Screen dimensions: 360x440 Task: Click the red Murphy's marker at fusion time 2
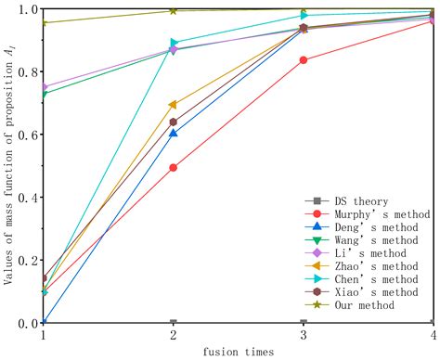174,168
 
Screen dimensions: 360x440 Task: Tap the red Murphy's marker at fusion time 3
304,60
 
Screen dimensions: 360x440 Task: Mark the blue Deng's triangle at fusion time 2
174,133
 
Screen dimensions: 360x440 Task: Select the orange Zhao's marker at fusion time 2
173,105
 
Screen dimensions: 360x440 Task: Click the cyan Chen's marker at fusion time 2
175,43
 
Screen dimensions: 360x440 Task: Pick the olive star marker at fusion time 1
44,22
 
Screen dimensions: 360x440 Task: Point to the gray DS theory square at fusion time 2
174,323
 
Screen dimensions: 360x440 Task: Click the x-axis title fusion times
239,352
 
